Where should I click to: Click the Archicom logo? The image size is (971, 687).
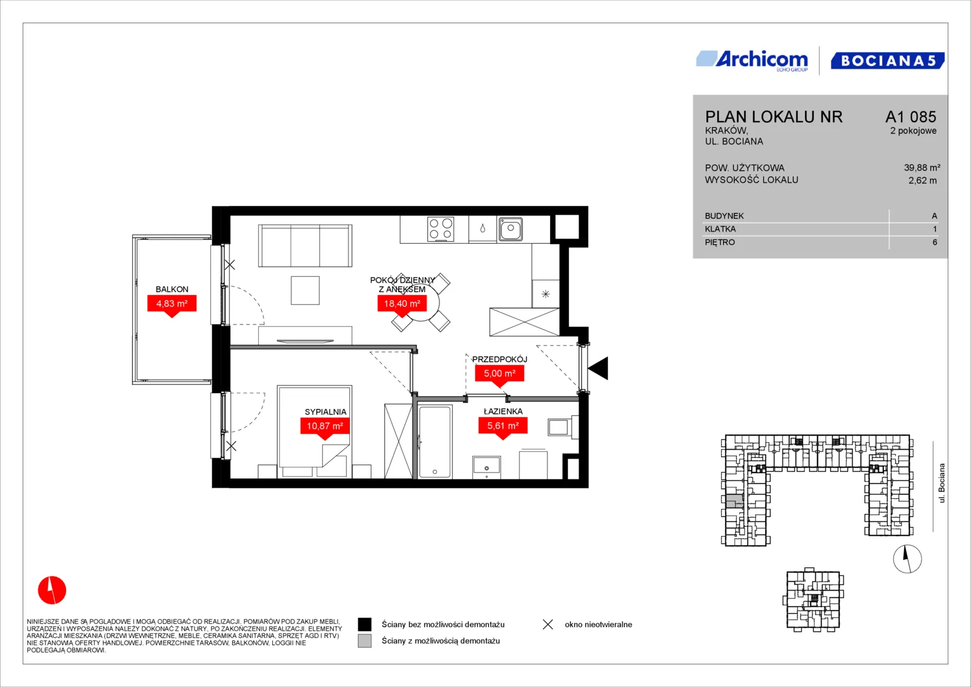(x=752, y=60)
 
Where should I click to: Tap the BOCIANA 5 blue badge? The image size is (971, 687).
(x=888, y=60)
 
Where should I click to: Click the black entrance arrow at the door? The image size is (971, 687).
(x=598, y=368)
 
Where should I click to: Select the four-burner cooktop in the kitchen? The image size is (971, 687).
(x=441, y=229)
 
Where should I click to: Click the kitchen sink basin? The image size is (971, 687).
(x=510, y=228)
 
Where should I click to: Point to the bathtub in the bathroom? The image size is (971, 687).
(x=435, y=441)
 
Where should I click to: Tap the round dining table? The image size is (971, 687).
(x=420, y=302)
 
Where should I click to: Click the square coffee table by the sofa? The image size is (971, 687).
(x=305, y=290)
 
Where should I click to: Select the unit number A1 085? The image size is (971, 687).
(x=911, y=116)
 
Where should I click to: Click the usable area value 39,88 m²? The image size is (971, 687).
(x=922, y=167)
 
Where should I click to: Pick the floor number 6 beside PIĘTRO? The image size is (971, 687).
(x=935, y=242)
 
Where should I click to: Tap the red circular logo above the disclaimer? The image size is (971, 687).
(x=52, y=590)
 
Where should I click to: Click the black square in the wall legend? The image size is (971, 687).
(x=364, y=625)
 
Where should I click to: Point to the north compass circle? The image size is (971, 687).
(x=907, y=559)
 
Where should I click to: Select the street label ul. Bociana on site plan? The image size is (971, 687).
(x=941, y=483)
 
